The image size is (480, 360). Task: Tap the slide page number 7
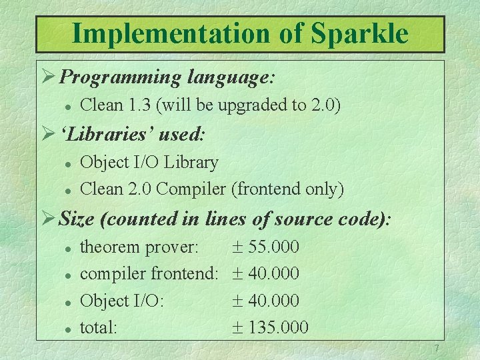(x=436, y=349)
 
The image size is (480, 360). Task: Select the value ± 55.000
(x=265, y=247)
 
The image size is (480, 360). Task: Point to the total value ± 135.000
(x=270, y=327)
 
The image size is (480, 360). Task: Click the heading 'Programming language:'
(x=167, y=77)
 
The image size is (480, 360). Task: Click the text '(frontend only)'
(x=287, y=189)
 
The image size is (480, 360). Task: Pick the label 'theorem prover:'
(x=139, y=247)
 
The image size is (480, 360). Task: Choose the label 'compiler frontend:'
(x=149, y=274)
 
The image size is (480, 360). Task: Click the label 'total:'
(x=99, y=327)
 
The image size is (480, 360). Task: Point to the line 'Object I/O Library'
(x=149, y=163)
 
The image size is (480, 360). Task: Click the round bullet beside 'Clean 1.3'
(x=67, y=105)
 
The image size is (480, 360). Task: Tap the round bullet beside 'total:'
(x=67, y=328)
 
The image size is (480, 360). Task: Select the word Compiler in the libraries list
(x=191, y=189)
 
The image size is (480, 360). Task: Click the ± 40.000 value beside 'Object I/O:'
(x=265, y=301)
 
